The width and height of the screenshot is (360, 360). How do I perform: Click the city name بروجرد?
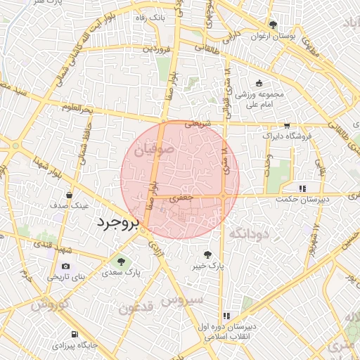pyautogui.click(x=117, y=223)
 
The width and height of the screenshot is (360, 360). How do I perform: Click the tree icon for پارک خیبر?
pyautogui.click(x=208, y=255)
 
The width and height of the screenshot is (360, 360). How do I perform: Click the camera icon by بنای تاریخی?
pyautogui.click(x=66, y=266)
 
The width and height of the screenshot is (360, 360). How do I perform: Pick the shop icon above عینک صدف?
pyautogui.click(x=69, y=195)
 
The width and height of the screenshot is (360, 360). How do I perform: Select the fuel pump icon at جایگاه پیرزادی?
pyautogui.click(x=75, y=335)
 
